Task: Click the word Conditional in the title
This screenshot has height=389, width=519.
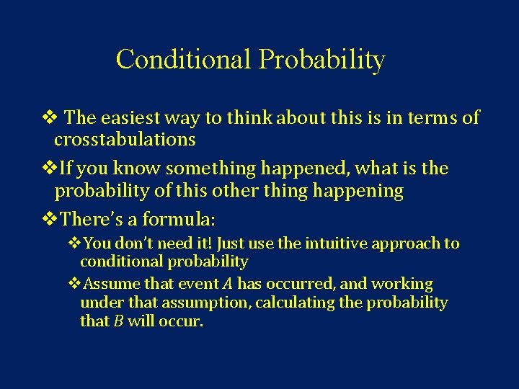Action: pos(183,60)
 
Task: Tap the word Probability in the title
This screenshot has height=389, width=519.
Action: pos(321,61)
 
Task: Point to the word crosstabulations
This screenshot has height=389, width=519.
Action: pos(125,138)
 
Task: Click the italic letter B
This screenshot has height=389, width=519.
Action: pos(118,321)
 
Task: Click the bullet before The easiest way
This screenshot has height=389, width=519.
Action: pos(49,118)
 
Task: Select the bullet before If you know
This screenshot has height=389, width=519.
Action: pos(49,169)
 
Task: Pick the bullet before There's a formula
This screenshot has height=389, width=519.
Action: pos(49,218)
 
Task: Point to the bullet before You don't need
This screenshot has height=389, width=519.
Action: pos(75,243)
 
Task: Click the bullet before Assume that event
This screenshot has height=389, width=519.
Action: pos(75,284)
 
